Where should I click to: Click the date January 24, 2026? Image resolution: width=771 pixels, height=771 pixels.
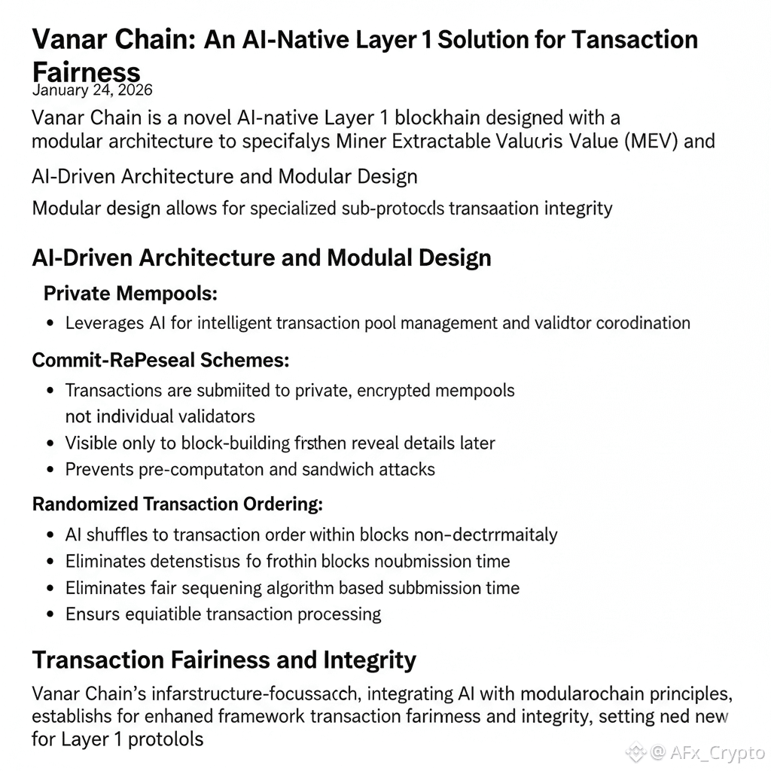point(92,90)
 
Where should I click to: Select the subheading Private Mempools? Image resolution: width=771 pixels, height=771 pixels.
point(130,294)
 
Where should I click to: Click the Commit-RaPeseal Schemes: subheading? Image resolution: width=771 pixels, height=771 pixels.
point(160,360)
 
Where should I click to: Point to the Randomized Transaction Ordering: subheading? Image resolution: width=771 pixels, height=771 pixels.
point(177,504)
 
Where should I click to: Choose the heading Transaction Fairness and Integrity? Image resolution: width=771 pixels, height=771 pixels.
point(224,660)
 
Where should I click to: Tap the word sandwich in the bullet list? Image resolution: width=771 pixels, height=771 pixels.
point(341,469)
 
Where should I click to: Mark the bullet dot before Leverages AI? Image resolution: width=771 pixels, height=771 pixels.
point(50,324)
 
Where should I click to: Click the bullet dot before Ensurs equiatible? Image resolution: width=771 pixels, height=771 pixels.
point(50,614)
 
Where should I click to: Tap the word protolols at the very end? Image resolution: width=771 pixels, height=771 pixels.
point(166,739)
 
